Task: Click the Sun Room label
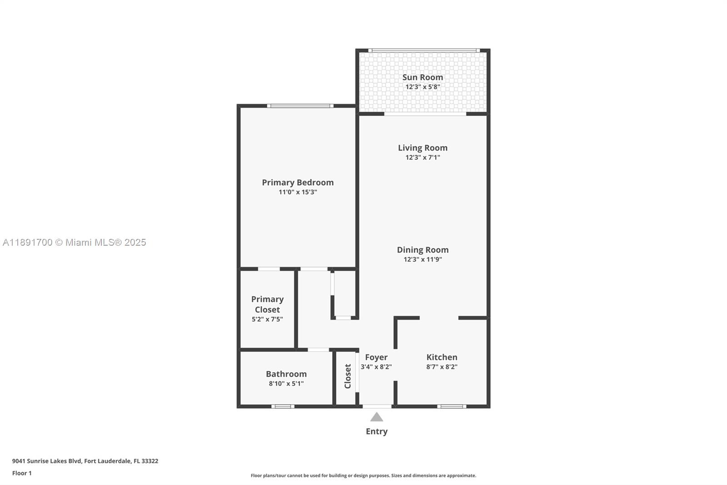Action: point(423,77)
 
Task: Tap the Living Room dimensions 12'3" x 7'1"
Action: point(423,157)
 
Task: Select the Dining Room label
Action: point(423,250)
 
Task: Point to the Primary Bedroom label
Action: point(298,182)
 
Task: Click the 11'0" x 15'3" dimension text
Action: point(298,192)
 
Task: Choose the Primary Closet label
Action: point(267,304)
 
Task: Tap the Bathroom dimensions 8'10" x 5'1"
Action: point(286,384)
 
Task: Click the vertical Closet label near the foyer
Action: point(348,376)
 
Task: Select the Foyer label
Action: point(376,357)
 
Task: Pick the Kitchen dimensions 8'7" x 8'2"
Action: point(442,367)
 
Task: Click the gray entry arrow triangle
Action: point(377,417)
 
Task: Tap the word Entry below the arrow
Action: point(377,431)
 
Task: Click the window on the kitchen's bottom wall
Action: point(452,406)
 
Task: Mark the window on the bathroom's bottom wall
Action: point(283,406)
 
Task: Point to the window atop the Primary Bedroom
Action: point(300,106)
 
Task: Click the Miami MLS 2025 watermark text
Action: point(75,242)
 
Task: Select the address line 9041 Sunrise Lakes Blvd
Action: point(85,461)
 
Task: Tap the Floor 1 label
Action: point(22,473)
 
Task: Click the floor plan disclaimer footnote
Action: point(363,475)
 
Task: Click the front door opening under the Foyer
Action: point(377,406)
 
